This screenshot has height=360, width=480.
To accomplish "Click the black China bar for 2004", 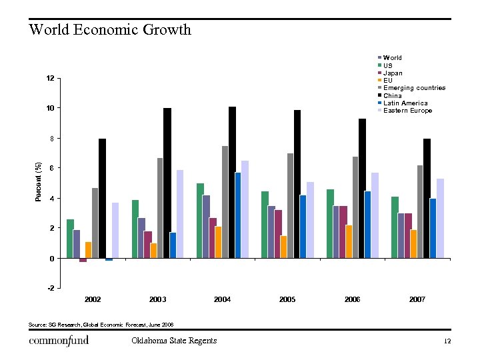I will (232, 182).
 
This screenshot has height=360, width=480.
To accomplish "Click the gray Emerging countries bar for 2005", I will (291, 206).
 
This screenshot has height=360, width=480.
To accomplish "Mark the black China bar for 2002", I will (102, 198).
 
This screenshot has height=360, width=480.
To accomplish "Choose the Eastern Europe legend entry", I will (407, 111).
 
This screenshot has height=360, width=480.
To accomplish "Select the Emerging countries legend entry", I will (413, 88).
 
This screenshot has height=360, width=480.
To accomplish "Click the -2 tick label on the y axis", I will (50, 288).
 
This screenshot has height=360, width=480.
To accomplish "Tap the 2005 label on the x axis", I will (287, 300).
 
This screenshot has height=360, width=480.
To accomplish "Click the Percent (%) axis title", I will (39, 182).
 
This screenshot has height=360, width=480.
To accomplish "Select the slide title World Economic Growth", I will (110, 30).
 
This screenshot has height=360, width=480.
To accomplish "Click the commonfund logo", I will (59, 341).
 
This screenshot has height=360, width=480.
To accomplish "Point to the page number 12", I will (447, 341).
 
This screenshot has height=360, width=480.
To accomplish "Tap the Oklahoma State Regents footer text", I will (174, 341).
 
